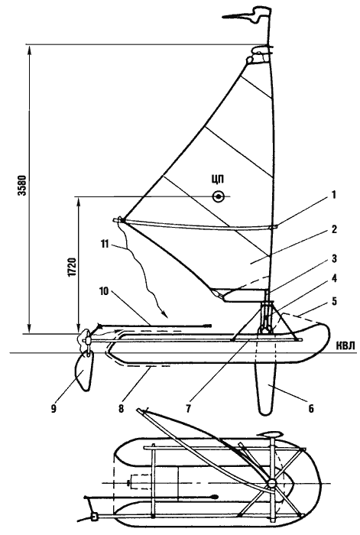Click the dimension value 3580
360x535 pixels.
click(22, 186)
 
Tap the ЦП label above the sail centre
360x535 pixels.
click(218, 180)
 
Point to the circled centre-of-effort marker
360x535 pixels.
click(218, 196)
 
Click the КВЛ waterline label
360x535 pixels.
click(345, 345)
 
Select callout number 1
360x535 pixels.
click(334, 195)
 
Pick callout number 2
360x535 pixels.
click(334, 229)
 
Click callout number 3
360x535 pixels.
click(334, 258)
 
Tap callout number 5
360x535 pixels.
click(334, 301)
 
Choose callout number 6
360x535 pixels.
click(311, 408)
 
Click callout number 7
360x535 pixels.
click(188, 408)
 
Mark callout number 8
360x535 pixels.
click(121, 408)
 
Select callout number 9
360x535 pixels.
click(54, 408)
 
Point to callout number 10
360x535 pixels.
click(104, 291)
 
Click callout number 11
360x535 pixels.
click(105, 244)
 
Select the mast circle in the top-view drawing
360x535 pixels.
click(272, 483)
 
